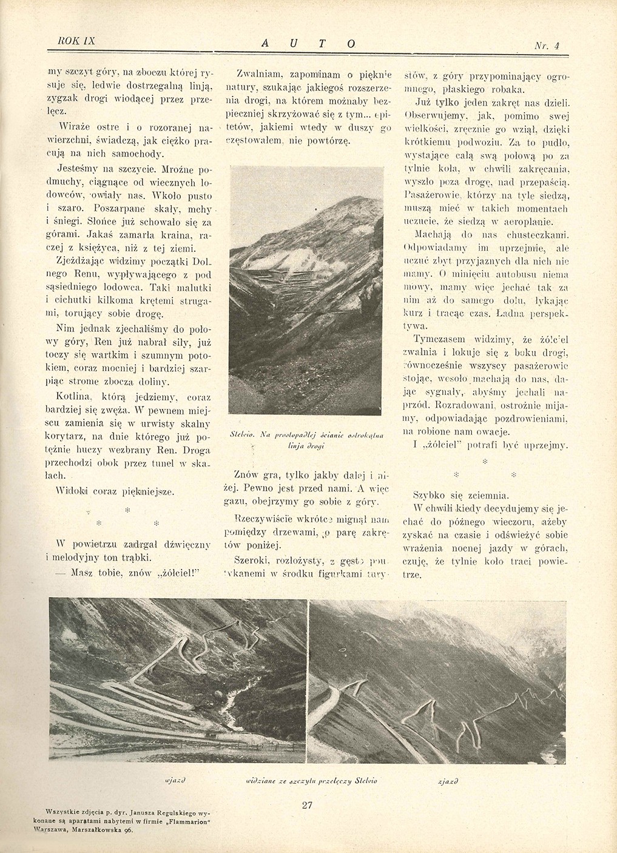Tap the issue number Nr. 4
click(546, 45)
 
